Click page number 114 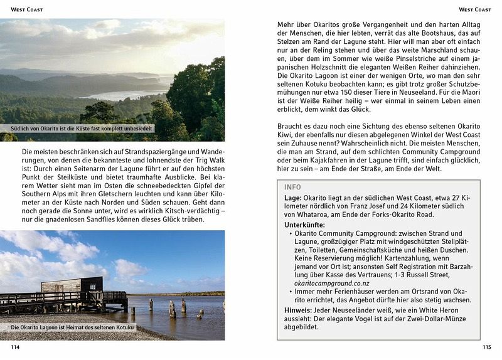tap(15, 346)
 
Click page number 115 tap(486, 346)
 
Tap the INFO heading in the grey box tap(292, 187)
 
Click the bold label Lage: tap(293, 198)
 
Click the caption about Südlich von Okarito tap(78, 130)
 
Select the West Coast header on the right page tap(475, 9)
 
